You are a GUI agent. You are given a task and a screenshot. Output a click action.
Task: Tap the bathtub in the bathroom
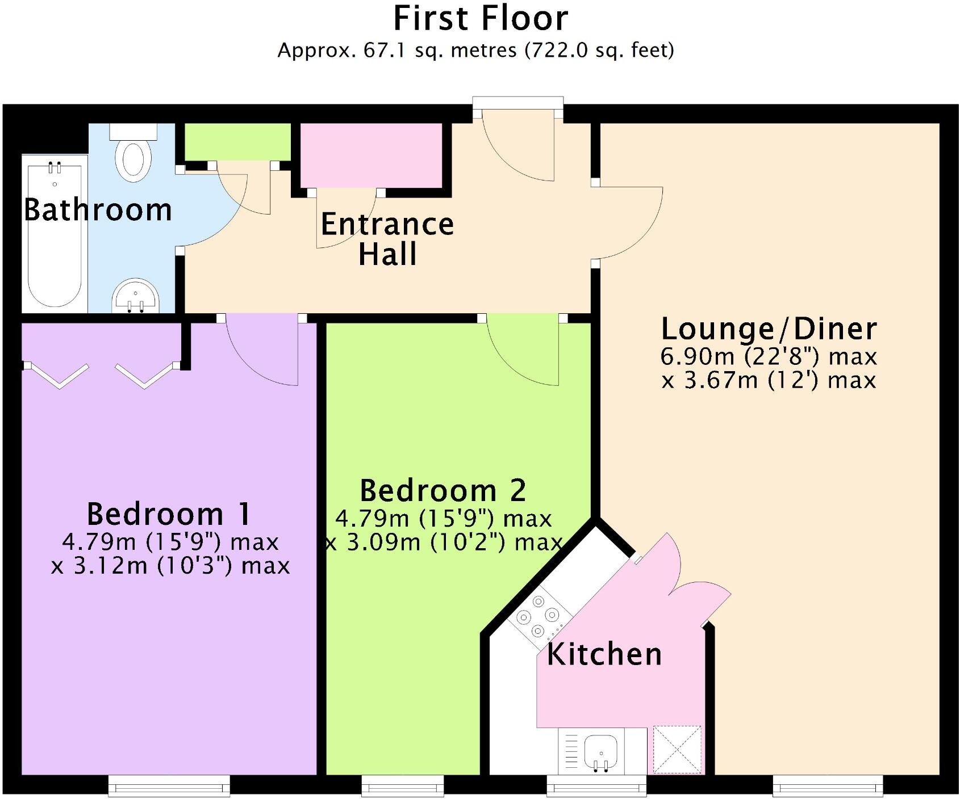point(55,236)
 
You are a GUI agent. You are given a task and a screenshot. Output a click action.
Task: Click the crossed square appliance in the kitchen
point(677,750)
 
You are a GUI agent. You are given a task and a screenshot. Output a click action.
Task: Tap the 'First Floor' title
point(480,19)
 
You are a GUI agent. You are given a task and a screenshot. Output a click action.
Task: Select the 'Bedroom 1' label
point(169,514)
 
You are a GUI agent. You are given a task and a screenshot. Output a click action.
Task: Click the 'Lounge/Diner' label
point(769,329)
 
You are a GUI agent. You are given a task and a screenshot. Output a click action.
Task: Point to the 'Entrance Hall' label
point(387,238)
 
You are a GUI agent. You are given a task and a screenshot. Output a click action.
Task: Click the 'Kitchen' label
point(604,654)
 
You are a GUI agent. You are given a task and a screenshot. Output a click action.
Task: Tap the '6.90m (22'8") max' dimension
point(769,357)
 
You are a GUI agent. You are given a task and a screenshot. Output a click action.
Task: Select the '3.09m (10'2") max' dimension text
point(443,543)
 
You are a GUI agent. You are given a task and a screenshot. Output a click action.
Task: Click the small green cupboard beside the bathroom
point(237,141)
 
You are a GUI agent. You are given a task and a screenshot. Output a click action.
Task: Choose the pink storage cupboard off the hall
point(371,155)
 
